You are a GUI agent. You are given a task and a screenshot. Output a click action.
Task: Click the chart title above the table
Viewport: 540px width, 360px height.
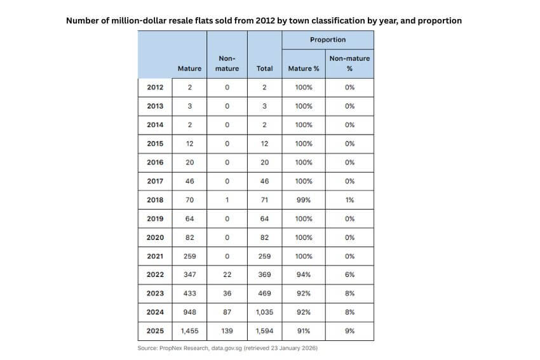point(264,20)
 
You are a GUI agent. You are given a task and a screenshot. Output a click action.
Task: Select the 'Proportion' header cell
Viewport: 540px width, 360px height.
point(328,39)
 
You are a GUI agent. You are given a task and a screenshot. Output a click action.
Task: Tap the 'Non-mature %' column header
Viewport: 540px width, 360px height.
point(349,63)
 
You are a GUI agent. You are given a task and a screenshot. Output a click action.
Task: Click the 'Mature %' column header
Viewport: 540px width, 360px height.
point(304,69)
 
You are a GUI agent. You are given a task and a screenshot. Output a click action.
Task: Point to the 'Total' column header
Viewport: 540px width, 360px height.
point(264,69)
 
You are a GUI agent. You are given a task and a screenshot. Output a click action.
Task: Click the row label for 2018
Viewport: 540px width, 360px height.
point(155,200)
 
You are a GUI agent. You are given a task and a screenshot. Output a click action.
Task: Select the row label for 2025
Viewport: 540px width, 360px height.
point(155,331)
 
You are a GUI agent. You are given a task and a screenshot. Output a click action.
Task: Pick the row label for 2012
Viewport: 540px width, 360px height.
point(155,88)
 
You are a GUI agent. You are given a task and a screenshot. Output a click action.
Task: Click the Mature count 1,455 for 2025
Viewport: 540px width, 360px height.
point(189,331)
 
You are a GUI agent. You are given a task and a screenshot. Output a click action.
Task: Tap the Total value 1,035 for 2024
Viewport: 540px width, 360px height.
point(264,312)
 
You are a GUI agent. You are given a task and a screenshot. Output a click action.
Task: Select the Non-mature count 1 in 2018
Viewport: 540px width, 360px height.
point(227,200)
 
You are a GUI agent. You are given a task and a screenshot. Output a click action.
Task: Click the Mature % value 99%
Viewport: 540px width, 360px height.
point(304,200)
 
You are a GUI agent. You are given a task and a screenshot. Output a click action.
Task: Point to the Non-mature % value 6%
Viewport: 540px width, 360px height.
point(349,275)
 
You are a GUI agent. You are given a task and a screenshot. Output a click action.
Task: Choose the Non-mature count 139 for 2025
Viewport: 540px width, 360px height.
point(227,331)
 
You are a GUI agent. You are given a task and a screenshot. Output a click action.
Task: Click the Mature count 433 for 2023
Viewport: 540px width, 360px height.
point(189,293)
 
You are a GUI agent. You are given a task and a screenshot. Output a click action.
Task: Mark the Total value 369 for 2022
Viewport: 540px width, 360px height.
point(264,275)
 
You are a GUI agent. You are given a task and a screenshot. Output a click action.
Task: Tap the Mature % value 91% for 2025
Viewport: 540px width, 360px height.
point(304,331)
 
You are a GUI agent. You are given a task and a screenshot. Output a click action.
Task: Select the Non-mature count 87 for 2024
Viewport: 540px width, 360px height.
point(227,312)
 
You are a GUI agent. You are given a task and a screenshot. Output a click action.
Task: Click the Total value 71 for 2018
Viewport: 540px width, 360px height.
point(264,200)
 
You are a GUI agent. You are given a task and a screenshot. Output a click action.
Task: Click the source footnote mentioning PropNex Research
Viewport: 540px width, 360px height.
point(227,349)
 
